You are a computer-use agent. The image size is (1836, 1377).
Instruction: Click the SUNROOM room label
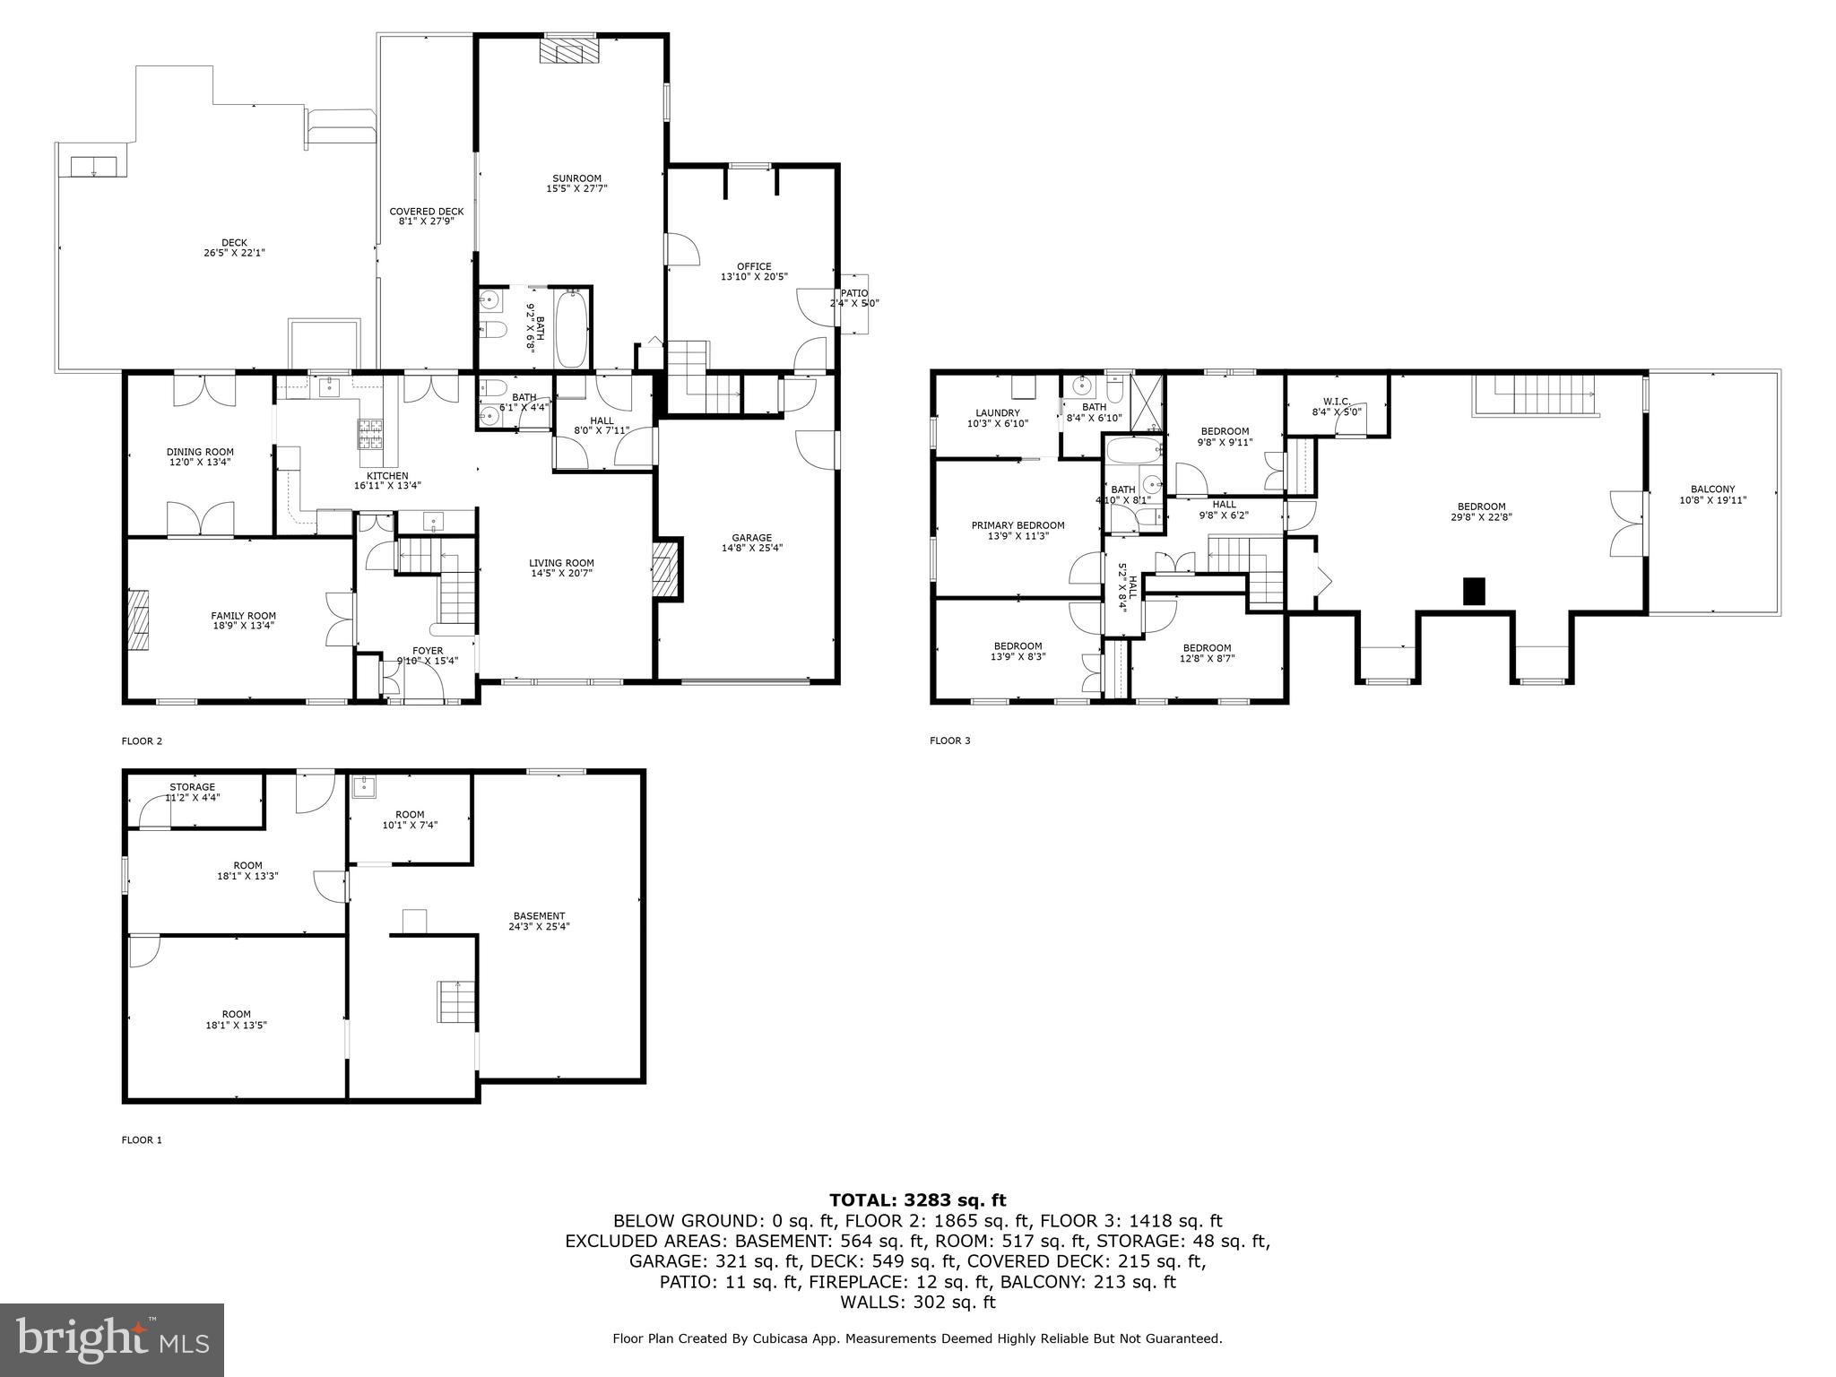point(576,178)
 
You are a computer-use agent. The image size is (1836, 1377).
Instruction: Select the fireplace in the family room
point(138,619)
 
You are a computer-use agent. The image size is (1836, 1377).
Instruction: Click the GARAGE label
point(751,538)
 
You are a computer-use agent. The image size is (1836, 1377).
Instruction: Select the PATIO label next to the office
point(853,293)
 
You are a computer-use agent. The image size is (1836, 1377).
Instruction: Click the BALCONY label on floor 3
point(1712,489)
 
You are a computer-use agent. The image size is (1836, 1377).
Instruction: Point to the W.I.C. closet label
point(1336,401)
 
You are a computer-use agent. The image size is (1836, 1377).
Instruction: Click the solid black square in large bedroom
point(1474,591)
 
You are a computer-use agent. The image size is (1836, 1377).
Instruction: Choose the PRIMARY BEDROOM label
point(1018,525)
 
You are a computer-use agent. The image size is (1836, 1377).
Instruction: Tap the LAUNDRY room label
point(997,413)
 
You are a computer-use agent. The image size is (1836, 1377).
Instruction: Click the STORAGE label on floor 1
point(192,787)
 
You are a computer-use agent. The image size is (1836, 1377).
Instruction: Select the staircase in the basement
point(455,1000)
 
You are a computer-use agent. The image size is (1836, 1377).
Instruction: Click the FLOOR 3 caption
point(949,740)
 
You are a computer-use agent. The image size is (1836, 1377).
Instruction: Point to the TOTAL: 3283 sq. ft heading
point(917,1200)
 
